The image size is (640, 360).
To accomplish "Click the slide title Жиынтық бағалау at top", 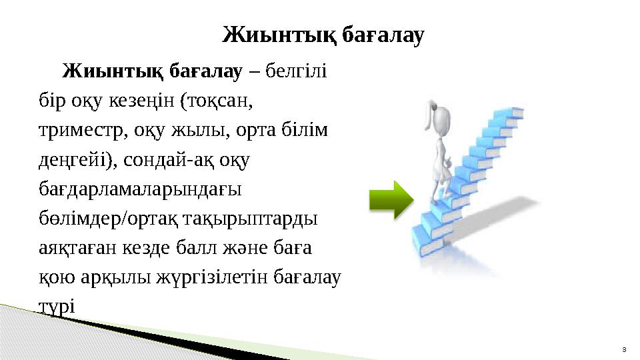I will pos(323,35).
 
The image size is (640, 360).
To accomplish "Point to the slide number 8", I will pos(623,349).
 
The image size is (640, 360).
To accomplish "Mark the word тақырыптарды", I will pos(251,219).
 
